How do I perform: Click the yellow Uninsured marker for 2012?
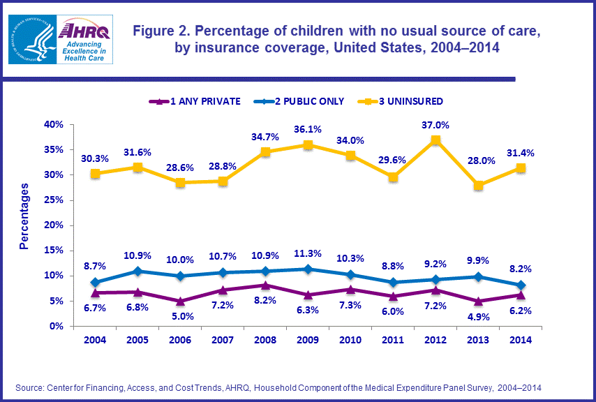[x=435, y=140]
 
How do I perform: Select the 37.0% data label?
[x=435, y=125]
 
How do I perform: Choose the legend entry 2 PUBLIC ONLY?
[x=308, y=101]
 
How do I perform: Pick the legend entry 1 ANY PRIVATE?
[x=200, y=101]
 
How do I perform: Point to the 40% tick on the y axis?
[x=54, y=124]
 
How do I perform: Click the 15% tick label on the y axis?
[x=54, y=250]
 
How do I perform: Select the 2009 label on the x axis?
[x=308, y=340]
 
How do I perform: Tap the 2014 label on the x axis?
[x=520, y=340]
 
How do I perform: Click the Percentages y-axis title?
[x=24, y=216]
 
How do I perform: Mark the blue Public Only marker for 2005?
[x=137, y=271]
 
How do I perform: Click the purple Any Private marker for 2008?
[x=265, y=285]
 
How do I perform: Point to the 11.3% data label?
[x=308, y=253]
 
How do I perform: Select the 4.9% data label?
[x=478, y=315]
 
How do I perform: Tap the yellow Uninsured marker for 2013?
[x=478, y=185]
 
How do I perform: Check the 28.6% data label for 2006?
[x=180, y=168]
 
